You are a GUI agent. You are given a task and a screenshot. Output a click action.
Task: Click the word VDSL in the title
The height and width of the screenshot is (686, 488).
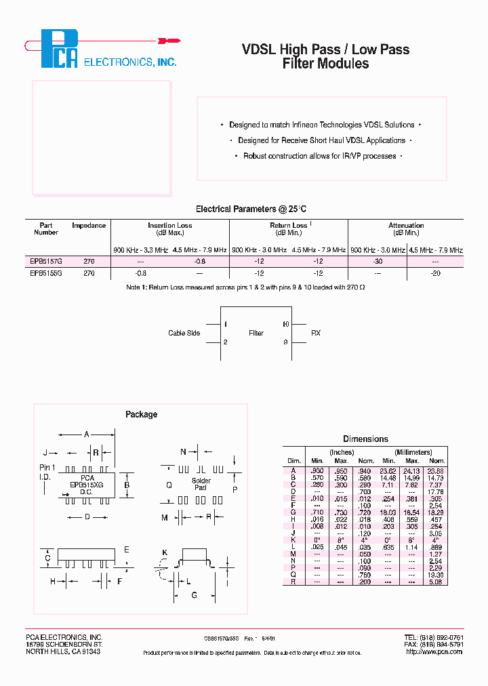(x=260, y=49)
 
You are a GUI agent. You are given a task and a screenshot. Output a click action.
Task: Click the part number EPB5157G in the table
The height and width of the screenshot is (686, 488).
(x=45, y=261)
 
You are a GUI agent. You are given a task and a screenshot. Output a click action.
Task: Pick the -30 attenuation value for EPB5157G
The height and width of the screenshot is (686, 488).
(x=378, y=261)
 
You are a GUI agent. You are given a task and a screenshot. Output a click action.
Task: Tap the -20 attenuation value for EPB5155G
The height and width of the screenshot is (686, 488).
(x=436, y=273)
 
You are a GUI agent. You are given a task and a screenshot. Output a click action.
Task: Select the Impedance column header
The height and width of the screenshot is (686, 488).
(x=89, y=226)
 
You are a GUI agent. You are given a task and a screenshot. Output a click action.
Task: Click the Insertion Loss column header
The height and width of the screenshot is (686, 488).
(x=170, y=226)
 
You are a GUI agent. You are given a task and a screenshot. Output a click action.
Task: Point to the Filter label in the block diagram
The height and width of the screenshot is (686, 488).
(x=256, y=334)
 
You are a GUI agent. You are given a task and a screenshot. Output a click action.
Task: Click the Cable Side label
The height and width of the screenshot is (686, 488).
(x=184, y=334)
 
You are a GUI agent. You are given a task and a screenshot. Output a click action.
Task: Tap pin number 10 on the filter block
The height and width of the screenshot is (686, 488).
(x=285, y=324)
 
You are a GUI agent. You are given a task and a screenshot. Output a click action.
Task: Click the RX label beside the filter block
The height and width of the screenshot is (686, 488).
(x=316, y=334)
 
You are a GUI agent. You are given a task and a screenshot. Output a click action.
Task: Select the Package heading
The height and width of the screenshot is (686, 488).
(x=141, y=414)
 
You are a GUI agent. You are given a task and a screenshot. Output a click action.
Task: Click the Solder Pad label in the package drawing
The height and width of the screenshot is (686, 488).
(x=201, y=484)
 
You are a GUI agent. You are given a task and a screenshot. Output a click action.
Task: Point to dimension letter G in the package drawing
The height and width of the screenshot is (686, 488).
(x=194, y=594)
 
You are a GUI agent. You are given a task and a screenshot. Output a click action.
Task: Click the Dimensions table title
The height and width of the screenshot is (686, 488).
(x=365, y=439)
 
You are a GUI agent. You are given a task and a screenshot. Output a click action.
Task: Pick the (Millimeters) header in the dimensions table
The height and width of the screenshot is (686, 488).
(x=413, y=452)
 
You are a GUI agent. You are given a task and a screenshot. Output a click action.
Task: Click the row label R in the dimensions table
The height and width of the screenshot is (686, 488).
(x=293, y=581)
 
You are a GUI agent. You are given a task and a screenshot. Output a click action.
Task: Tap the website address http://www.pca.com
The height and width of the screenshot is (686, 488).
(x=433, y=651)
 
